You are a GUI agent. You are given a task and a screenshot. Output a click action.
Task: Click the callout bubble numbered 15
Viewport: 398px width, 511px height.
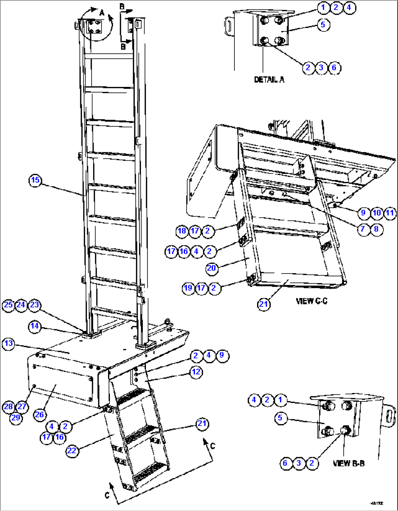tap(35, 180)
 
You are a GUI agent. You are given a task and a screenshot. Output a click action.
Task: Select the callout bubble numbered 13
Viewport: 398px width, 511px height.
tap(9, 343)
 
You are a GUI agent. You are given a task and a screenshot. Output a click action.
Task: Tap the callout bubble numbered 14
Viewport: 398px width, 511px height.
tap(35, 326)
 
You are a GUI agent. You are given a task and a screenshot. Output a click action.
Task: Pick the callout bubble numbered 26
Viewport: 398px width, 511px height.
tap(39, 414)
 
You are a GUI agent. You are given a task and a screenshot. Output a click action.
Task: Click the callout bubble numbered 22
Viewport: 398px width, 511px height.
tap(72, 450)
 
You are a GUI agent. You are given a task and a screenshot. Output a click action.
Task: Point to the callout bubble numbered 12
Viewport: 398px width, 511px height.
tap(196, 372)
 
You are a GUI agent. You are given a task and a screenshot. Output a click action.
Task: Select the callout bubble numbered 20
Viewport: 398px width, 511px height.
tap(212, 268)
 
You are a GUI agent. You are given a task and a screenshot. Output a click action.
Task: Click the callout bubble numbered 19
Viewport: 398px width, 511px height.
tap(188, 288)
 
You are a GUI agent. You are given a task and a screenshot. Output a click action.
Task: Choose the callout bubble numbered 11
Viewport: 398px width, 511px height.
tap(390, 213)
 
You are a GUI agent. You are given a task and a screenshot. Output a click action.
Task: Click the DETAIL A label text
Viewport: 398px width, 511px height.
tap(269, 80)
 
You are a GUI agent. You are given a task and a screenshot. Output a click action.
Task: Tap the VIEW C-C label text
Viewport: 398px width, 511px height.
tap(311, 301)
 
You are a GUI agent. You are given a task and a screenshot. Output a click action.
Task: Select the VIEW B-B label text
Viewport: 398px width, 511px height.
tap(349, 463)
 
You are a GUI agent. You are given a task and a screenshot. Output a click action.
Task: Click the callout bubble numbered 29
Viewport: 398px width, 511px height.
tap(16, 417)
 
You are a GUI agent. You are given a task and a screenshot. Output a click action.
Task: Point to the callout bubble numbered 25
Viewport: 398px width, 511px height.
tap(9, 305)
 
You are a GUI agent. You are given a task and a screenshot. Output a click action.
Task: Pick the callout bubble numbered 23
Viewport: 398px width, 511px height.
tap(34, 305)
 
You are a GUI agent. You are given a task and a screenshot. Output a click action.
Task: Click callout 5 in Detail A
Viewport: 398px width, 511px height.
tap(323, 24)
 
